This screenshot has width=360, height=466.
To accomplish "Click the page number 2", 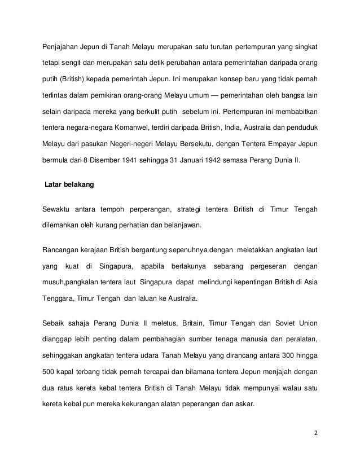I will click(314, 434).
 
